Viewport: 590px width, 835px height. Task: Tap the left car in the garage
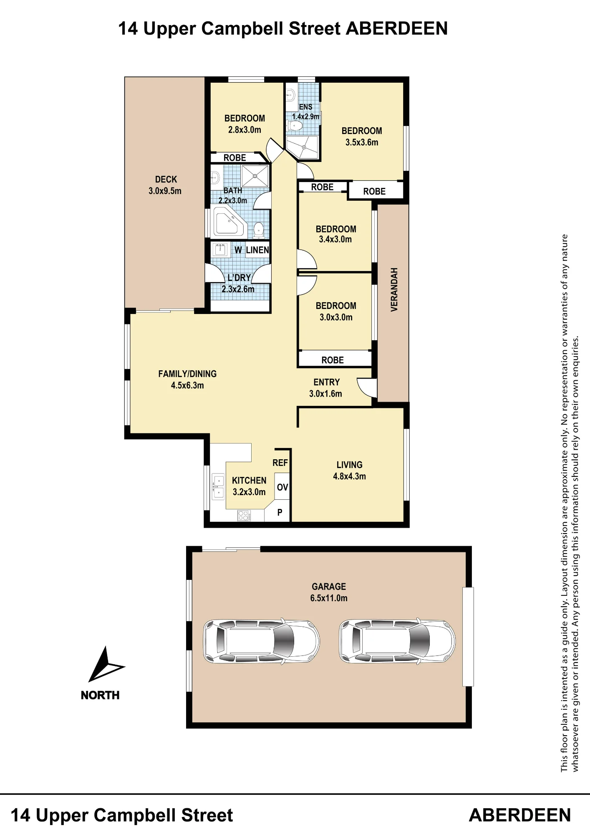tap(261, 641)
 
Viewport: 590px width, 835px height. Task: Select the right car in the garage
tap(397, 641)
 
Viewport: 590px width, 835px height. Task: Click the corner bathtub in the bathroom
tap(229, 222)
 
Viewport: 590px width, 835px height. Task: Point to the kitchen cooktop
tap(244, 516)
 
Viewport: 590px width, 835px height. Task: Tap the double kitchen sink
tap(218, 486)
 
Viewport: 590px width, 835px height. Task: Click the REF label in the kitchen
tap(280, 463)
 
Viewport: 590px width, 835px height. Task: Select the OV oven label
tap(282, 487)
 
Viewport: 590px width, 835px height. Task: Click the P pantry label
tap(280, 512)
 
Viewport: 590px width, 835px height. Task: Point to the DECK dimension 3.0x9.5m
tap(165, 191)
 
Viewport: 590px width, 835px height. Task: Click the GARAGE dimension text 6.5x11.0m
tap(329, 598)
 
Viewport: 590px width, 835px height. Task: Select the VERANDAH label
tap(394, 289)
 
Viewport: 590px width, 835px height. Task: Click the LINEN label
tap(257, 250)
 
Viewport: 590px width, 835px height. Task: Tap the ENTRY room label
tap(327, 382)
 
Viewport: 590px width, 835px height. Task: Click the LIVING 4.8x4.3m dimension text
tap(350, 476)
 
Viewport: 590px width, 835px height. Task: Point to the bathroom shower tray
tap(255, 176)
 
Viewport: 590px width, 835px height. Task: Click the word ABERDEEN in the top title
tap(397, 28)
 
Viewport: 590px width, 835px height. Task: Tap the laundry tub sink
tap(219, 250)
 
